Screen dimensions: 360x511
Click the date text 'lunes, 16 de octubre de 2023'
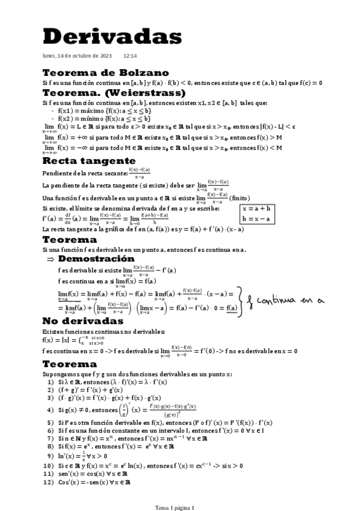tap(77, 55)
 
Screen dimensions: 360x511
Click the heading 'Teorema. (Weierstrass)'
tap(114, 93)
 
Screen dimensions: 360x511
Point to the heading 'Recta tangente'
tap(88, 161)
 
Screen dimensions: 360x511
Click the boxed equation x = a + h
tap(256, 207)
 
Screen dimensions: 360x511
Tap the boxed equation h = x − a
tap(256, 218)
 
